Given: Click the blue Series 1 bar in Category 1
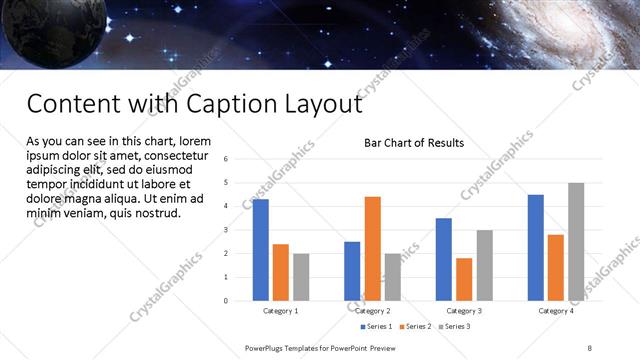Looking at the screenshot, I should click(x=260, y=250).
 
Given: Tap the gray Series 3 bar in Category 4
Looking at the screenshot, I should click(x=575, y=241).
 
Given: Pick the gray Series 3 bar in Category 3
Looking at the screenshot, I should click(x=484, y=265).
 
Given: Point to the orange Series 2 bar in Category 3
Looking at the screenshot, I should click(x=463, y=279).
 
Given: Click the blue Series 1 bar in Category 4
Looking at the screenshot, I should click(x=535, y=247).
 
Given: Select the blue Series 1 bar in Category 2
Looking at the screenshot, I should click(x=352, y=270).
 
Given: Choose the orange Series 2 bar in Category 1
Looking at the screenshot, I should click(x=280, y=272).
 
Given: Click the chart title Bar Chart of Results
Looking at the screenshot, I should click(x=413, y=143).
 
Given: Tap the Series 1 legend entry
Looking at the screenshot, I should click(x=376, y=327).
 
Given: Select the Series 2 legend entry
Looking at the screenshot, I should click(x=415, y=327).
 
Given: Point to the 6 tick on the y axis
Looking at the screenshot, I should click(x=227, y=159).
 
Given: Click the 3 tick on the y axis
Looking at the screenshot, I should click(x=227, y=230).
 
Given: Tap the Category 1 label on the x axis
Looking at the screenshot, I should click(x=280, y=311).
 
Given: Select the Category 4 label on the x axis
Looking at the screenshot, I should click(x=556, y=311).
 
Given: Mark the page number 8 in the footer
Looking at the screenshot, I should click(x=590, y=348).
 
